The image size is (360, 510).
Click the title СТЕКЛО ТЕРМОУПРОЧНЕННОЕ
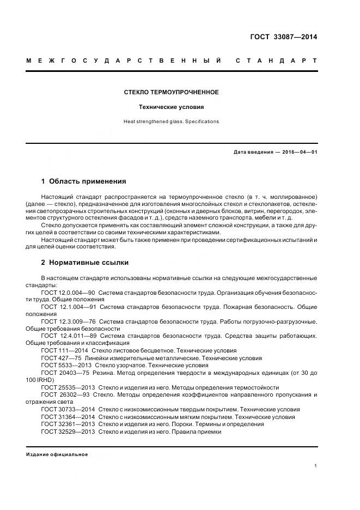[171, 92]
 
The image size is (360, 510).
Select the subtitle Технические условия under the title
[171, 107]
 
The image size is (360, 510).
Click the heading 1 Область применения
[83, 181]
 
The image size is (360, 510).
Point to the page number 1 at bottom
[315, 466]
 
